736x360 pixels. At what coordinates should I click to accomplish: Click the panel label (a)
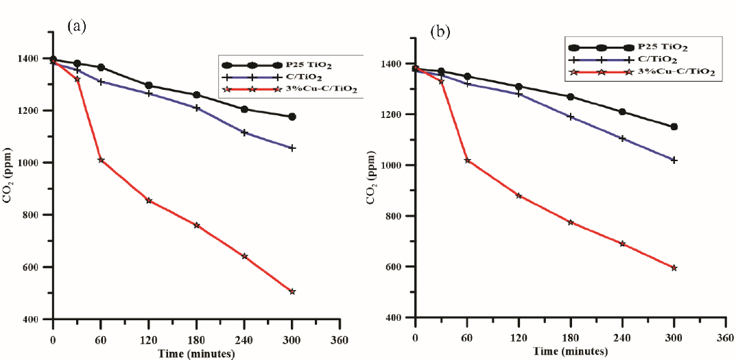(75, 27)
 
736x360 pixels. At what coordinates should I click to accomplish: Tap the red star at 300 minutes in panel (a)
(292, 291)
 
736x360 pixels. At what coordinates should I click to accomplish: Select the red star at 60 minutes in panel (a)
(101, 160)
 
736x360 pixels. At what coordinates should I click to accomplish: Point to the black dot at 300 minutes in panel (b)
(674, 127)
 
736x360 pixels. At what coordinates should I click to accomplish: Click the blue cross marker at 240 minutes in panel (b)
(622, 139)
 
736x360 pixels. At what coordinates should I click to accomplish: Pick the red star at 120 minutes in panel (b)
(519, 195)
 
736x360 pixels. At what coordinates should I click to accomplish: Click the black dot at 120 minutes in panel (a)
(149, 86)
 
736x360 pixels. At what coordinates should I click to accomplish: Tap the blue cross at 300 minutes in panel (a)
(292, 147)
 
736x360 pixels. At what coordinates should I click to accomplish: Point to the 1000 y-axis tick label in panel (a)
(32, 163)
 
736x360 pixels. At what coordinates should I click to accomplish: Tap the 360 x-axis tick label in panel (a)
(340, 341)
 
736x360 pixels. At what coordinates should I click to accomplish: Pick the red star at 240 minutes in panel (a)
(244, 256)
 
